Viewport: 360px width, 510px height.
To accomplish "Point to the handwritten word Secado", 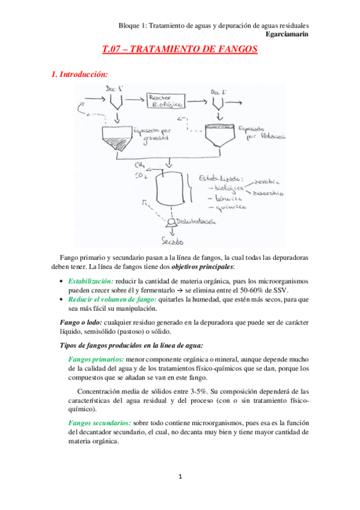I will coord(172,242).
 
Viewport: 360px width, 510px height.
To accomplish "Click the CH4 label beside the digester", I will coord(140,164).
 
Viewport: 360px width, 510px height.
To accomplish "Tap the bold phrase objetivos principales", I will coord(203,266).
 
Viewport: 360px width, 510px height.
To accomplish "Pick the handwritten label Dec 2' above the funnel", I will coord(219,91).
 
